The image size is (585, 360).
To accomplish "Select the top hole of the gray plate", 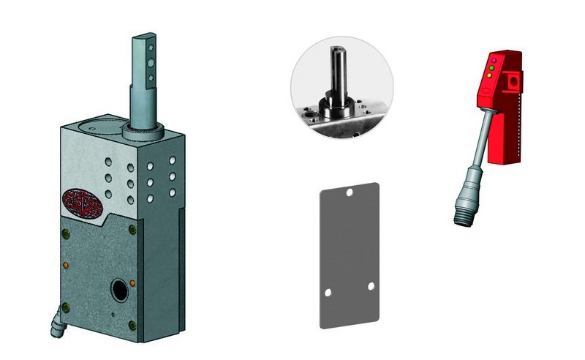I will coord(350,193).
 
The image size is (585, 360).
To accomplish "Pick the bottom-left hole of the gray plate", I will coord(328,292).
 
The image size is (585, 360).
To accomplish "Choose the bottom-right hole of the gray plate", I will coord(371,285).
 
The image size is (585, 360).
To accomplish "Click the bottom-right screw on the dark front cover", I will coord(132,326).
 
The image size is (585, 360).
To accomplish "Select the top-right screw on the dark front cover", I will coord(132,230).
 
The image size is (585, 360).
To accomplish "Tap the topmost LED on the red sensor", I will coord(495,59).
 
